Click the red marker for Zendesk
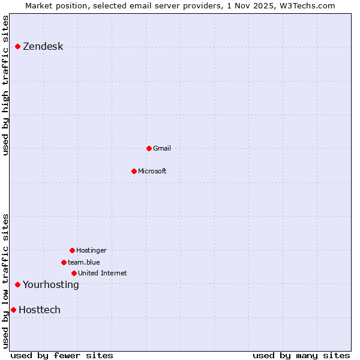click(18, 46)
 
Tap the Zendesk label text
click(43, 47)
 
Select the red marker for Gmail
click(149, 148)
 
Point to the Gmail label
click(162, 148)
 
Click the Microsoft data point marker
click(134, 171)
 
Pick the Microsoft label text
click(152, 171)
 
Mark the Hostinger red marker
click(72, 250)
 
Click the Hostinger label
click(91, 250)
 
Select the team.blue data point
click(64, 262)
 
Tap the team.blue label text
click(83, 262)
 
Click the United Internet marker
click(74, 273)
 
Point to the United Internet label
click(102, 273)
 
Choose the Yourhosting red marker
click(18, 284)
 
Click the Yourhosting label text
click(50, 284)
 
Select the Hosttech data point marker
click(13, 310)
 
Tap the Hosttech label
click(40, 310)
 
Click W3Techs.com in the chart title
click(310, 5)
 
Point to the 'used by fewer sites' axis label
click(62, 355)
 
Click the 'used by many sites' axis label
click(301, 355)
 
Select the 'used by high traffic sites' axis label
click(5, 85)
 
